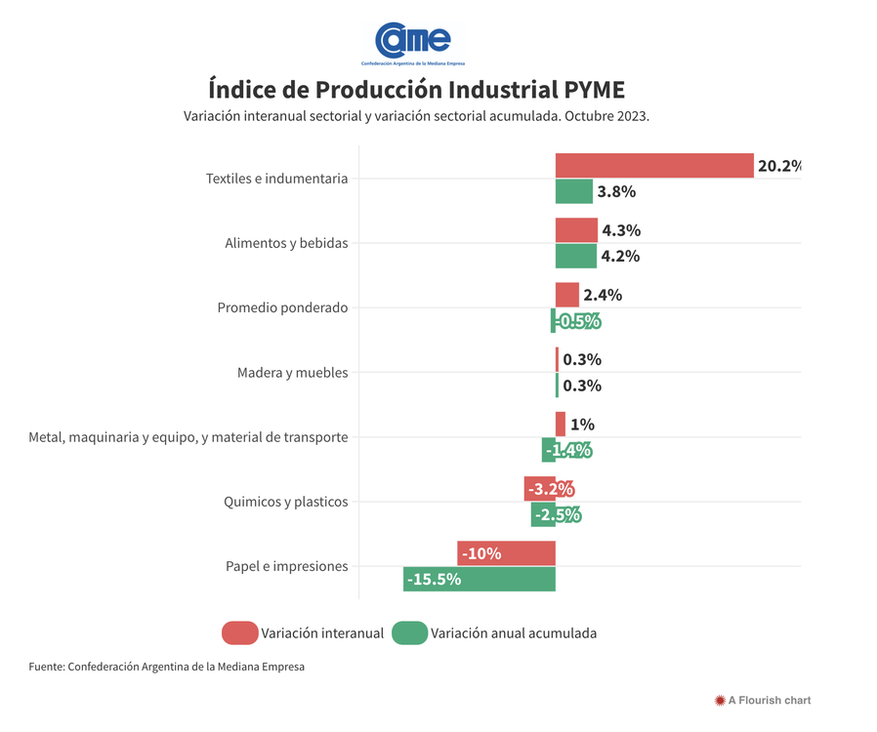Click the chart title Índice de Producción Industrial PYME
click(x=416, y=90)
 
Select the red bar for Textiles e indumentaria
click(x=654, y=166)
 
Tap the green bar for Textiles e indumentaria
click(x=574, y=191)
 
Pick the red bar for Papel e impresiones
click(x=506, y=553)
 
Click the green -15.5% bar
click(x=480, y=579)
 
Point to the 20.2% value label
click(x=778, y=166)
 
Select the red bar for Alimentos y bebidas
click(x=576, y=230)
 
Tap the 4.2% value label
click(x=620, y=257)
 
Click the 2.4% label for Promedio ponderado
click(x=602, y=295)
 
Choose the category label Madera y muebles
click(x=292, y=373)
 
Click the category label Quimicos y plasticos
click(x=285, y=502)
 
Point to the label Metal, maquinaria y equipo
click(x=188, y=437)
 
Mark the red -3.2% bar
click(x=540, y=489)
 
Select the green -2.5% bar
click(x=543, y=514)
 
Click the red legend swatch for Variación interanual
click(x=239, y=633)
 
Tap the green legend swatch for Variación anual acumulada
click(x=409, y=633)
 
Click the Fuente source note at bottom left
click(x=166, y=668)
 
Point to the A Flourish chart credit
click(x=763, y=700)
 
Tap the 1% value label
click(x=582, y=425)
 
